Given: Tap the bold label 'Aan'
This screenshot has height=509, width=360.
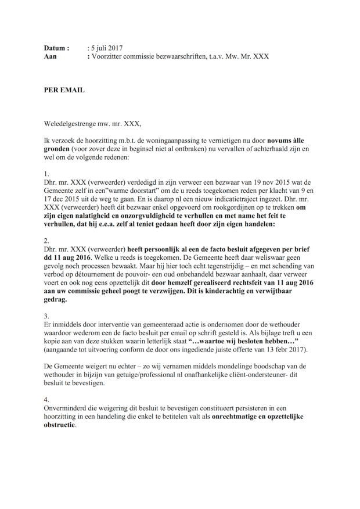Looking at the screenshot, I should [51, 56].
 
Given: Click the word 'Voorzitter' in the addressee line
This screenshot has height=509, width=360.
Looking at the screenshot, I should [109, 56].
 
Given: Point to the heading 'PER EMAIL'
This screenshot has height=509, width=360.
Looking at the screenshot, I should [64, 90].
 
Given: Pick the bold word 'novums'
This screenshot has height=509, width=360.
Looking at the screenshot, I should [280, 141].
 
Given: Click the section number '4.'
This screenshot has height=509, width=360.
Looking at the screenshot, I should [47, 400].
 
